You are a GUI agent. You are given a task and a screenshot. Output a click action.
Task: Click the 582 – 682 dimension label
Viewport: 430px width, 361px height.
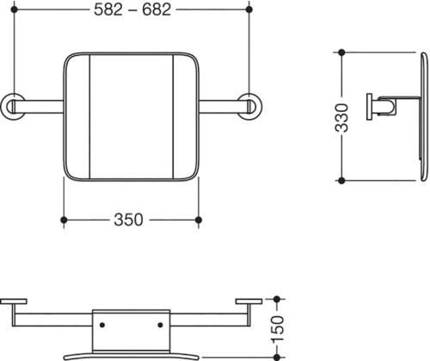132,9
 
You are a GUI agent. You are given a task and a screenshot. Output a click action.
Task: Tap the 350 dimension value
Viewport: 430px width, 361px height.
128,220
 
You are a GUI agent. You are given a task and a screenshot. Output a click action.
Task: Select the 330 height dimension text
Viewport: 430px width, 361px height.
341,118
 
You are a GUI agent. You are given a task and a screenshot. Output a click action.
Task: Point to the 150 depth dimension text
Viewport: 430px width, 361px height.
277,329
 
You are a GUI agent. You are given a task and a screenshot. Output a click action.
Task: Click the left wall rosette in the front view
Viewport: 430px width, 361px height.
13,106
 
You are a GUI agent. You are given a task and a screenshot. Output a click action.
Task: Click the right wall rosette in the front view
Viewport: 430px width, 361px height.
249,106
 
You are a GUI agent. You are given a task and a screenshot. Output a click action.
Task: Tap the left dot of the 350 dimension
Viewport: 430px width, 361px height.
64,220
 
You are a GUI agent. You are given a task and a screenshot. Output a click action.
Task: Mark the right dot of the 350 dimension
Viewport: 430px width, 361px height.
199,220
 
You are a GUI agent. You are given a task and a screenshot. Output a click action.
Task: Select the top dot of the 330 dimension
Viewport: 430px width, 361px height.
341,53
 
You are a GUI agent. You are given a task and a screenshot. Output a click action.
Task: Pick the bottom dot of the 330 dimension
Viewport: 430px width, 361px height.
341,181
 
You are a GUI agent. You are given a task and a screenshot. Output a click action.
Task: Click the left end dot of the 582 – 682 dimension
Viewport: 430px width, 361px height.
14,9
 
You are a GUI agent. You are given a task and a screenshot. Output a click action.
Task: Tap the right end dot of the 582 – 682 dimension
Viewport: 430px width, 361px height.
249,9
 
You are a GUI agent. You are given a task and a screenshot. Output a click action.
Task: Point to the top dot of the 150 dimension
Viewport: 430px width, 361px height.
277,299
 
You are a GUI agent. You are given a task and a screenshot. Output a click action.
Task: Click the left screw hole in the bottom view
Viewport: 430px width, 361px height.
102,325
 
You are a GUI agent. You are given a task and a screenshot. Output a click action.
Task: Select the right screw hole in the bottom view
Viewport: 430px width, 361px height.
160,325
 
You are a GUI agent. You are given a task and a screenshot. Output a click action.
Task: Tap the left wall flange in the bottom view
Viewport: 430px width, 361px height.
14,302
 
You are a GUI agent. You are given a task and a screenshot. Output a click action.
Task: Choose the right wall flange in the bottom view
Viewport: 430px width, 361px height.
249,302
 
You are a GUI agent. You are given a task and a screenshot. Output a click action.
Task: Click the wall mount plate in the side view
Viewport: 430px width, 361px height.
369,107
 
